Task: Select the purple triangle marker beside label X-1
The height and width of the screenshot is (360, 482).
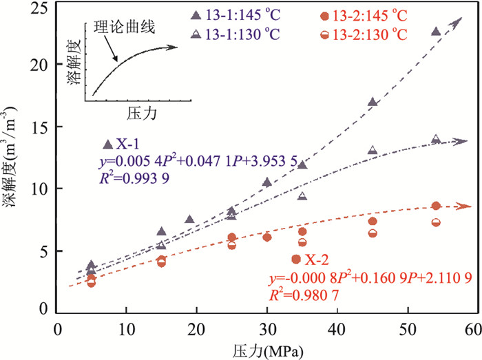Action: tap(107, 144)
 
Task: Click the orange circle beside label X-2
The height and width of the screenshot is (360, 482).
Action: tap(296, 259)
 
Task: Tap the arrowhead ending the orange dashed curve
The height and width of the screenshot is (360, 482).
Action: tap(470, 206)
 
